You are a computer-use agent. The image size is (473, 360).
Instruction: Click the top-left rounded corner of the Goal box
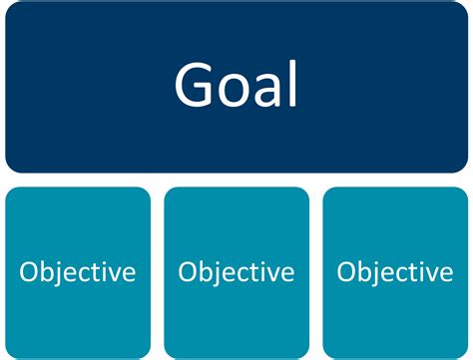[x=12, y=10]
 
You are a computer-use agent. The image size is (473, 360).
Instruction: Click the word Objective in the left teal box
[x=78, y=271]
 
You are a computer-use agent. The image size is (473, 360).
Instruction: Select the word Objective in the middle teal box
[x=236, y=271]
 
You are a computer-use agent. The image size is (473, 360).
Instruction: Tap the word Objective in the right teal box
[x=395, y=271]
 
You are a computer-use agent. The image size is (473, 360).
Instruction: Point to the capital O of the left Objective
[x=30, y=271]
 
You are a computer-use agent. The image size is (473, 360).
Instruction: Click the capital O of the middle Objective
[x=189, y=271]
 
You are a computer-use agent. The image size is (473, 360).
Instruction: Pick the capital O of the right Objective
[x=347, y=271]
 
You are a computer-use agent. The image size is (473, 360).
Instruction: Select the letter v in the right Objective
[x=430, y=273]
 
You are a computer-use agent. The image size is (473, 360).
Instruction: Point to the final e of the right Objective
[x=445, y=273]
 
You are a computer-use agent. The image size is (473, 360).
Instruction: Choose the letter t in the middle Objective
[x=255, y=272]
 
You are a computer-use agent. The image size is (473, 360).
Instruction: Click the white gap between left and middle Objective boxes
[x=158, y=271]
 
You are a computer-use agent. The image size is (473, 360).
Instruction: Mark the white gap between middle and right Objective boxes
[x=316, y=271]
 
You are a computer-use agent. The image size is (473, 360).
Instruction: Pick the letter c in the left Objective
[x=86, y=273]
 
